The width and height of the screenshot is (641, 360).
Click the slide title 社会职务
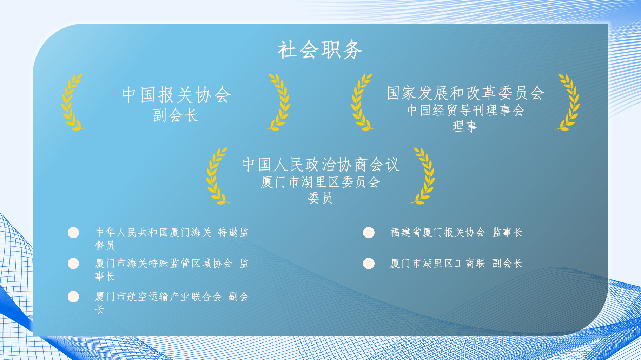pos(320,49)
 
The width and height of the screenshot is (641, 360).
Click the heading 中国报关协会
pos(176,95)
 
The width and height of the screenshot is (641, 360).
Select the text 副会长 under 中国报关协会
pos(176,115)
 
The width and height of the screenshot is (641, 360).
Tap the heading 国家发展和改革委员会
pos(465,93)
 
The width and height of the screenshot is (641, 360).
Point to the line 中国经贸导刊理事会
pos(465,111)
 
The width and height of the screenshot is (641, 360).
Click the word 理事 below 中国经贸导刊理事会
pos(465,126)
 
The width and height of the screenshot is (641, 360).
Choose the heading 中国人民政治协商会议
pos(321,165)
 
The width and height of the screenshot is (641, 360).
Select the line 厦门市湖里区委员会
pos(320,182)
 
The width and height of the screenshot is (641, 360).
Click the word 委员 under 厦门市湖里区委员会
pos(320,198)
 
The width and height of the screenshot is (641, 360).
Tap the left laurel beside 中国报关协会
pos(72,102)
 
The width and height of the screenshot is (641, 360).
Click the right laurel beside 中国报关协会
pos(279,102)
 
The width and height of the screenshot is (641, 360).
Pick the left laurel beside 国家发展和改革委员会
pos(362,102)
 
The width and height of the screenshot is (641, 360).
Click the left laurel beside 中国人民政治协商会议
pos(217,176)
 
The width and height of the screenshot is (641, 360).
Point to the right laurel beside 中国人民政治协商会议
pos(424,176)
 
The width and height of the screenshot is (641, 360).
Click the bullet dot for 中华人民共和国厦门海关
pos(73,233)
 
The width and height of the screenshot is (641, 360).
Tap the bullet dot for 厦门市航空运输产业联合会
pos(73,296)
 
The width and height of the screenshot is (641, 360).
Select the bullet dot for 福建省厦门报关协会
pos(369,233)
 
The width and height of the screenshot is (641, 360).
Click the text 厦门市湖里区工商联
pos(438,263)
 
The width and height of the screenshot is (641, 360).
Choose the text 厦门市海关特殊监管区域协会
pos(164,263)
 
